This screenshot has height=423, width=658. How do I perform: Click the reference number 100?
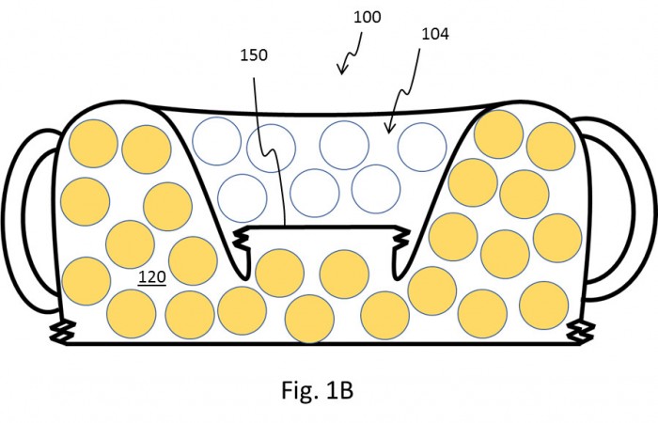coord(368,17)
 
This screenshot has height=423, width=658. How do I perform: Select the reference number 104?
coord(434,34)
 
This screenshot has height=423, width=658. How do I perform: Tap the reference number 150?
coord(254,55)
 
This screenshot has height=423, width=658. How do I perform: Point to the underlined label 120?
coord(152,277)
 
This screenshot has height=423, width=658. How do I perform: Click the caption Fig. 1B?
coord(318,390)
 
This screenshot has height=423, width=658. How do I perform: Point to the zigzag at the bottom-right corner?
coord(581,331)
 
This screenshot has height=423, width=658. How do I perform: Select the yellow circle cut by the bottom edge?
coord(309,319)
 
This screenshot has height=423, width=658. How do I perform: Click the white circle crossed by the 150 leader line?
coord(271,149)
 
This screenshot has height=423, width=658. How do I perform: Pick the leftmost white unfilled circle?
coord(216,141)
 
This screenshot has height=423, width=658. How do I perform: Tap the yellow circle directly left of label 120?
coord(86,281)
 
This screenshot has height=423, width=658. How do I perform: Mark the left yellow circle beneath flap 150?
coord(279,274)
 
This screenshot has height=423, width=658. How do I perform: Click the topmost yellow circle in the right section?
coord(498,134)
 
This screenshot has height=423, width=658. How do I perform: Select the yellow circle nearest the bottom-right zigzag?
coord(544,305)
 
